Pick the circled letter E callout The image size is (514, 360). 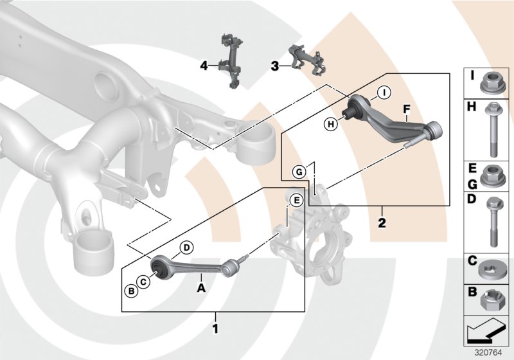296,200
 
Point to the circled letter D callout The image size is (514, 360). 186,248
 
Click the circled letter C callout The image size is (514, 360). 145,281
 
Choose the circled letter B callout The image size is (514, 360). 130,291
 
